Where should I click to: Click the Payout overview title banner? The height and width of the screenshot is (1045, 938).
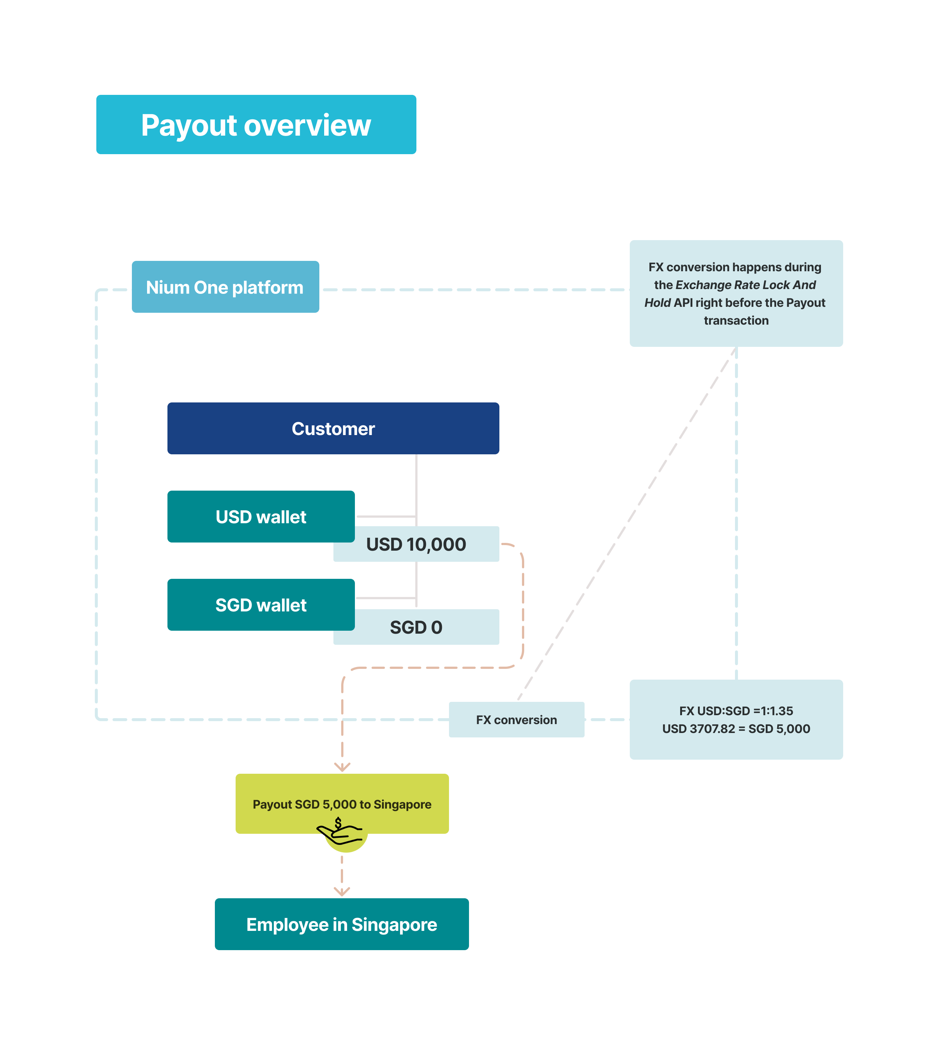pyautogui.click(x=256, y=124)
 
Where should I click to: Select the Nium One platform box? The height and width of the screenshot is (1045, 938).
pyautogui.click(x=225, y=287)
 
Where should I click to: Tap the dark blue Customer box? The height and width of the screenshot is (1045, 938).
pyautogui.click(x=333, y=428)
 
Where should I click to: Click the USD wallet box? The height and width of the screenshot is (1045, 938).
pyautogui.click(x=261, y=517)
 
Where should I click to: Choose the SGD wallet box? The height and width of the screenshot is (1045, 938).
pyautogui.click(x=261, y=605)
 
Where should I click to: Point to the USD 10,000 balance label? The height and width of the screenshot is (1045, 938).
pyautogui.click(x=416, y=544)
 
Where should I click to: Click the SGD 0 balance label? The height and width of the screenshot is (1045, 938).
pyautogui.click(x=416, y=627)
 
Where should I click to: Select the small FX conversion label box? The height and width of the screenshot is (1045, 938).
pyautogui.click(x=516, y=720)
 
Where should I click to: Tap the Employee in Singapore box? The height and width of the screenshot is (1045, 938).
pyautogui.click(x=342, y=924)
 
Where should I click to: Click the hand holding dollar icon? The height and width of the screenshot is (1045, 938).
pyautogui.click(x=340, y=831)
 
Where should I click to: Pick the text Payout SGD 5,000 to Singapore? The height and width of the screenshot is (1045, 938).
pyautogui.click(x=342, y=804)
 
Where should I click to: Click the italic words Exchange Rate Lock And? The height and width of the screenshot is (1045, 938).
pyautogui.click(x=745, y=285)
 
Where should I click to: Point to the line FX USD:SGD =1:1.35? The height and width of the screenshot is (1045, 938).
pyautogui.click(x=736, y=711)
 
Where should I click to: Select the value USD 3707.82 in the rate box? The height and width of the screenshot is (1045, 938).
pyautogui.click(x=698, y=729)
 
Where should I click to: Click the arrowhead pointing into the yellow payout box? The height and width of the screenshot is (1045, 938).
pyautogui.click(x=342, y=767)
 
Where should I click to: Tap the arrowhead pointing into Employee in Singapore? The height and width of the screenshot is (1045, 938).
pyautogui.click(x=342, y=891)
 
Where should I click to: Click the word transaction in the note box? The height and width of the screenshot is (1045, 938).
pyautogui.click(x=736, y=321)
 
